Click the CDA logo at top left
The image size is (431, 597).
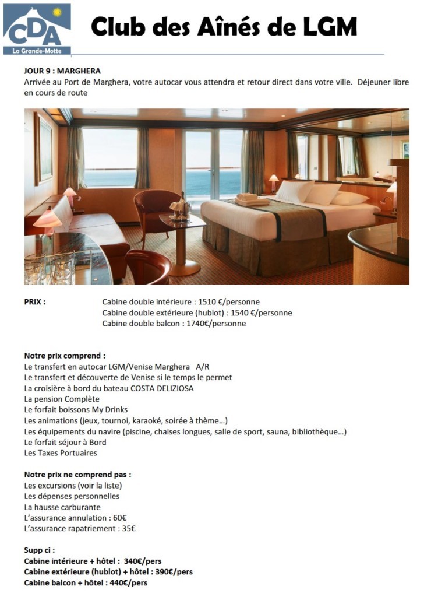pos(37,29)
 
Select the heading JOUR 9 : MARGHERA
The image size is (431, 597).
pos(62,71)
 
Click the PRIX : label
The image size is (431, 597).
pos(35,302)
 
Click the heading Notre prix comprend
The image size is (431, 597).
pos(65,356)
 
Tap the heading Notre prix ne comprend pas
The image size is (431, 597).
pos(77,475)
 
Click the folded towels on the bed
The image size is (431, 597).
pos(251,199)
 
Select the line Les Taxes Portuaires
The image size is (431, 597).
pos(61,453)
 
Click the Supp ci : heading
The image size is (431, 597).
pos(40,550)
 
